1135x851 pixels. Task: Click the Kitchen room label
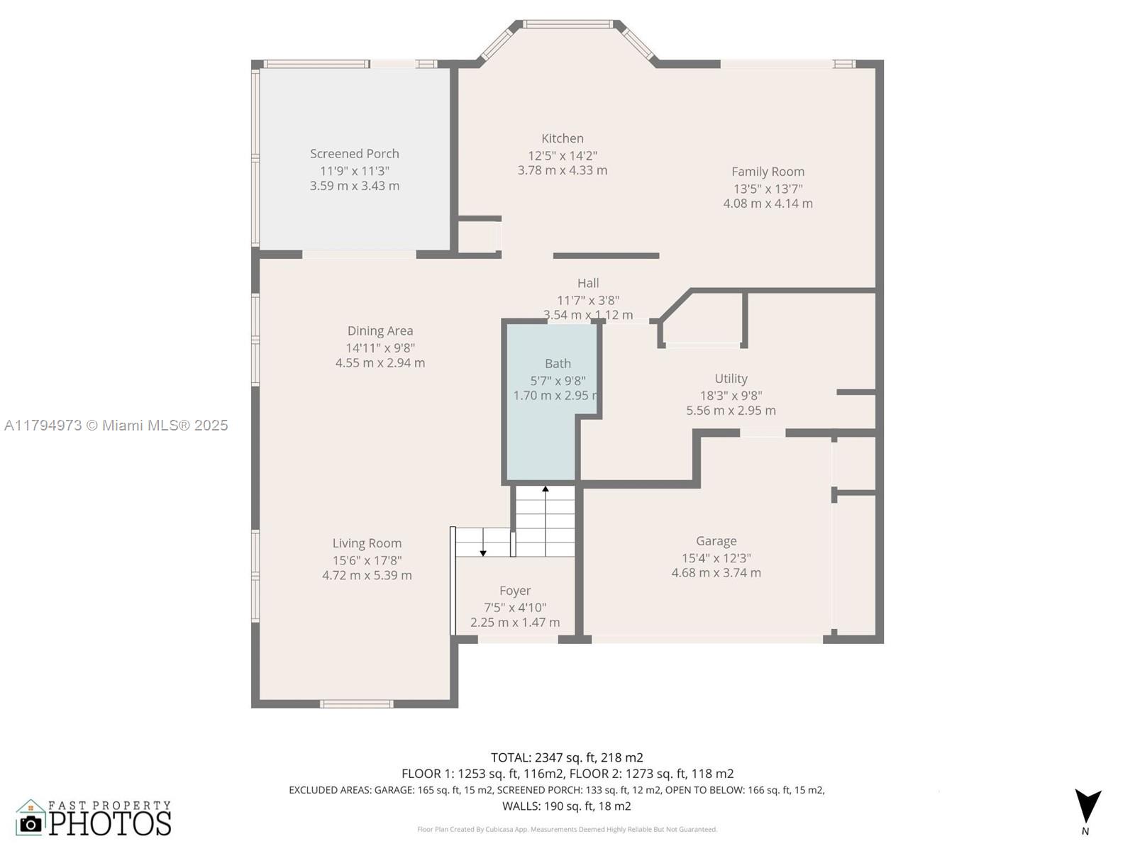pos(562,138)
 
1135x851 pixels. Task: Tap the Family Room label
pos(768,172)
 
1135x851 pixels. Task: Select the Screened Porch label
pos(354,153)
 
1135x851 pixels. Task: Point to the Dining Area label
pos(380,330)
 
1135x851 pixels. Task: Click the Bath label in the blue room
pos(558,364)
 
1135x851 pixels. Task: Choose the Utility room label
pos(731,379)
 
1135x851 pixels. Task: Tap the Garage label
pos(716,541)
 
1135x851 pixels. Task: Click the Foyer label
pos(514,591)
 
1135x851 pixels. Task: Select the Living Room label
pos(367,543)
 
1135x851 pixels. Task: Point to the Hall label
pos(588,283)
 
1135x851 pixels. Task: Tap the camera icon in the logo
pos(31,824)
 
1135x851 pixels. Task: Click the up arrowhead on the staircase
pos(545,489)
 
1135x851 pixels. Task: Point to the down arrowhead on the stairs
pos(483,553)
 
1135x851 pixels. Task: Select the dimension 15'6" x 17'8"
pos(367,560)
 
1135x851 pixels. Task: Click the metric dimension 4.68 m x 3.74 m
pos(716,572)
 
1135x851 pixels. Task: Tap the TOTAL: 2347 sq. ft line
pos(567,757)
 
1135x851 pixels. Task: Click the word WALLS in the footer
pos(521,806)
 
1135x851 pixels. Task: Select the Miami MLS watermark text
pos(116,425)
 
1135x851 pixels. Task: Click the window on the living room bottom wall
pos(356,703)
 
